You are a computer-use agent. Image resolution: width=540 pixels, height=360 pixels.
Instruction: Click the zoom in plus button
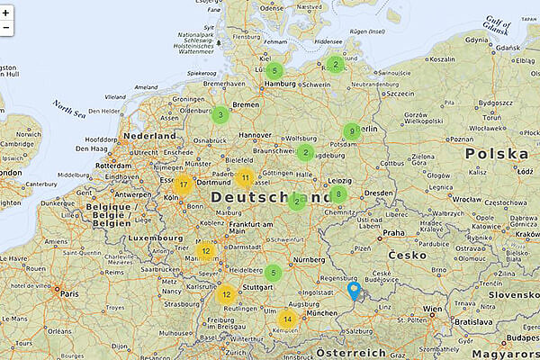point(6,12)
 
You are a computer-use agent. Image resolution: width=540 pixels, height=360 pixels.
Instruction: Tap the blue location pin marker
point(354,291)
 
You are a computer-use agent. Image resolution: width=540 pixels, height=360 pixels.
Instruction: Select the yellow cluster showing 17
point(184,186)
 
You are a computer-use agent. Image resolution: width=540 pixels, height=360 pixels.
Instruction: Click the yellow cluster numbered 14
point(287,319)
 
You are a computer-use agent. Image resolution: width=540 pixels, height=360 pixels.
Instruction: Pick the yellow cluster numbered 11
point(245,176)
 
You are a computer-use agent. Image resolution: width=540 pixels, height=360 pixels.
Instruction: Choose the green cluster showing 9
point(352,131)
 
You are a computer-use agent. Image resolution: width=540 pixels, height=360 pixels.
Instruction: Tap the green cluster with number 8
point(338,194)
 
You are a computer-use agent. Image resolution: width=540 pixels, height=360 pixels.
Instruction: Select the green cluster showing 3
point(220,114)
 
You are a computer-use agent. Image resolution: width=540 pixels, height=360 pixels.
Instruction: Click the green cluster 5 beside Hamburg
point(274,70)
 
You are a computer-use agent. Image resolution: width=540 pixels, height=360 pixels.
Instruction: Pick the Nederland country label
point(150,136)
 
